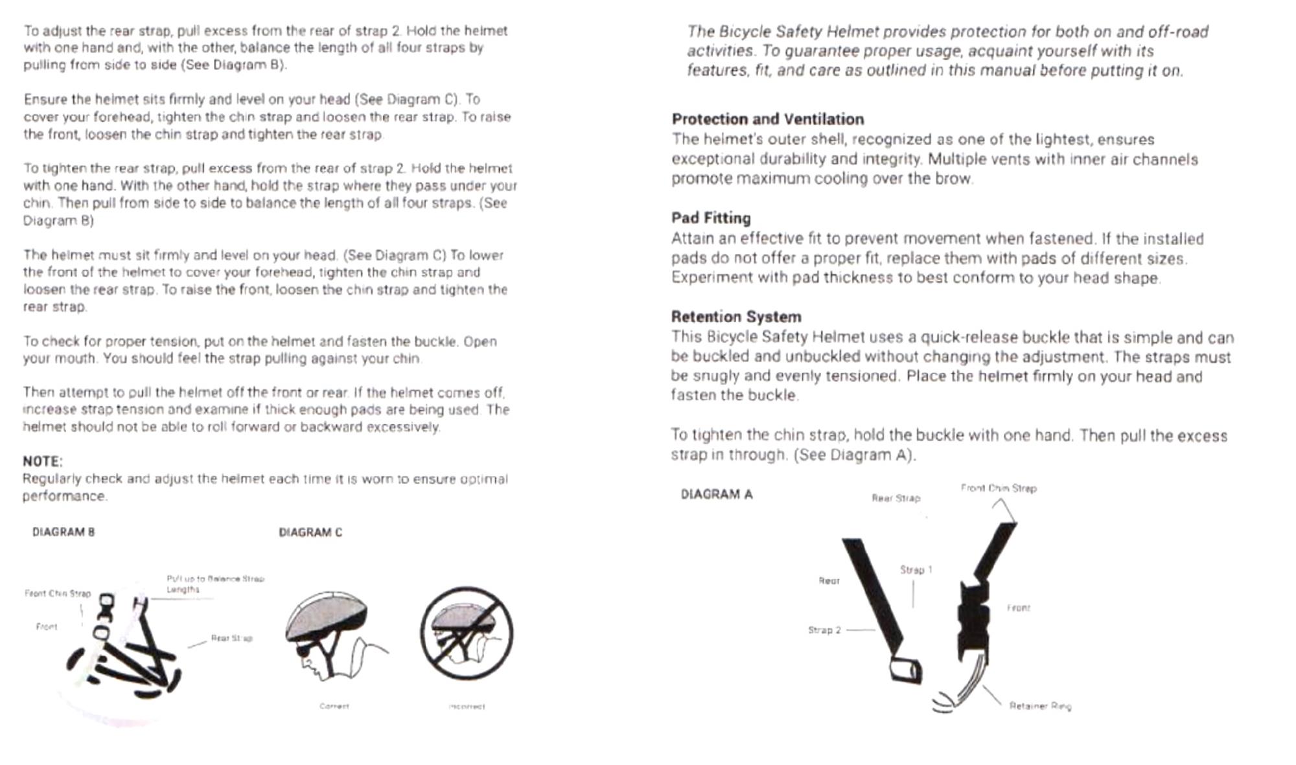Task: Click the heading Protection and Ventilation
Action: coord(768,119)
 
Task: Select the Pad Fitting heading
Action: coord(711,218)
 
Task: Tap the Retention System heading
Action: coord(736,317)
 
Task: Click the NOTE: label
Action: coord(43,461)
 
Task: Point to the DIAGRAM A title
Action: coord(717,495)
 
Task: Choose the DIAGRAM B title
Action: coord(64,532)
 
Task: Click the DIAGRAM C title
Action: coord(310,532)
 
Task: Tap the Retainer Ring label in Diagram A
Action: coord(1040,706)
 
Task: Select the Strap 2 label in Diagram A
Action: coord(824,630)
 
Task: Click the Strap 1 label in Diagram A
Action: coord(916,570)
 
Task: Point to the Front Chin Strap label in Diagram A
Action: coord(999,488)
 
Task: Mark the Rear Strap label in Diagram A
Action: coord(896,498)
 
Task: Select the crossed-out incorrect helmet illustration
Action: coord(467,633)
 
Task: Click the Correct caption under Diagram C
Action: coord(334,706)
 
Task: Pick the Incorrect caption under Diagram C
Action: coord(467,706)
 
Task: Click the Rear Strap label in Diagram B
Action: coord(231,639)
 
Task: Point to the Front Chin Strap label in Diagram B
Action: coord(58,593)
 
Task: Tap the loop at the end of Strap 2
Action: coord(905,669)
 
